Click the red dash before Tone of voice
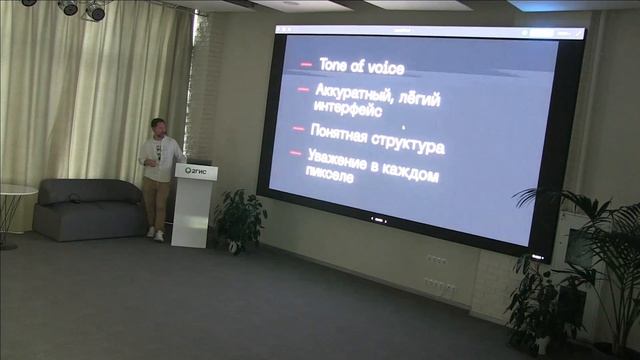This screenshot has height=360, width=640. tap(306, 63)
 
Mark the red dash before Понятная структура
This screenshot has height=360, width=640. tap(299, 128)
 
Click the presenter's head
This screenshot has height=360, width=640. tap(158, 127)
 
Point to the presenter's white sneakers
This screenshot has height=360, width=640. tap(155, 235)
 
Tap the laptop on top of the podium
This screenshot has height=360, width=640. tap(199, 161)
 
